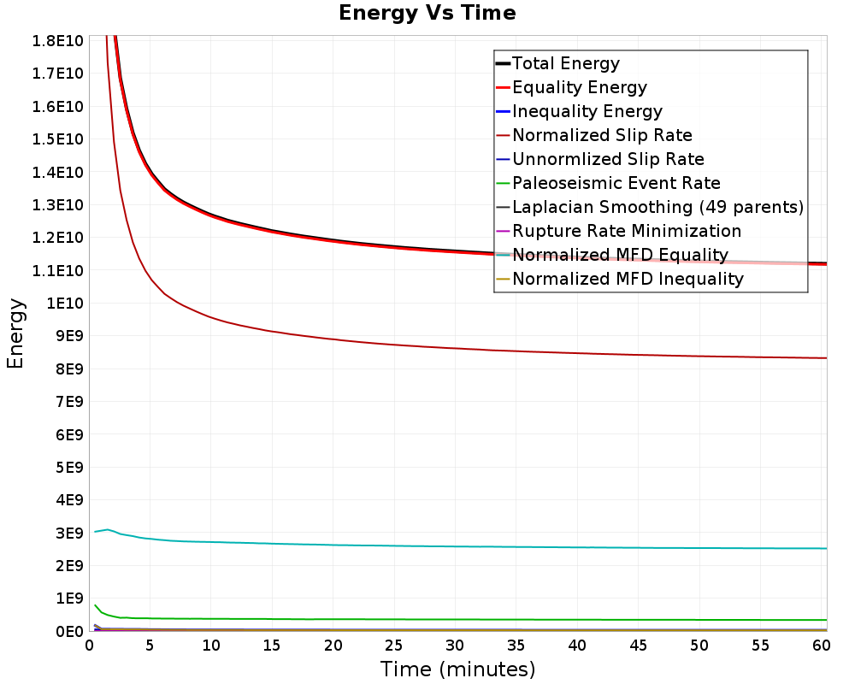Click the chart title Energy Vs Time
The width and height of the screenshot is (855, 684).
tap(427, 13)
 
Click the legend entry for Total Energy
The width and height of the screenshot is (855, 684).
tap(565, 63)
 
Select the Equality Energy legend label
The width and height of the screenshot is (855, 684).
tap(579, 87)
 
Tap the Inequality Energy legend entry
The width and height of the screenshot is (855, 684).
tap(587, 111)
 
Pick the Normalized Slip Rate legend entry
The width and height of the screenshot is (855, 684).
tap(602, 135)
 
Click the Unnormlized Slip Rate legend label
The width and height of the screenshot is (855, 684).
tap(608, 159)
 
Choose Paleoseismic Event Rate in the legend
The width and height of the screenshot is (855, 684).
tap(616, 183)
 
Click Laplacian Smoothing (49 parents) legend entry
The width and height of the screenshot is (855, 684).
tap(657, 207)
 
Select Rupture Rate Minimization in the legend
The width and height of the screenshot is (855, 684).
tap(627, 231)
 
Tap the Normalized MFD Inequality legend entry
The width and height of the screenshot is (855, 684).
tap(628, 279)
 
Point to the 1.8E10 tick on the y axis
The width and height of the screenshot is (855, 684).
tap(56, 41)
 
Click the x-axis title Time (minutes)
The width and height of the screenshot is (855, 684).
tap(457, 669)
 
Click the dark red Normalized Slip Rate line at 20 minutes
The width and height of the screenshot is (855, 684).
tap(333, 339)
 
